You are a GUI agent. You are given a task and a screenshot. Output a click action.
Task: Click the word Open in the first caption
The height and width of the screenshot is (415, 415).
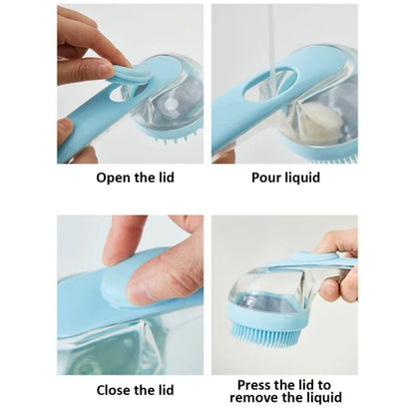click(113, 180)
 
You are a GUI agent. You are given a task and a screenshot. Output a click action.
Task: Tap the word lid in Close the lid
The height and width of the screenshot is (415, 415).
click(167, 390)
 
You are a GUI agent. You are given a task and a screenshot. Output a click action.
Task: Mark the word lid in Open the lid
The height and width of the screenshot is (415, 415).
click(167, 180)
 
